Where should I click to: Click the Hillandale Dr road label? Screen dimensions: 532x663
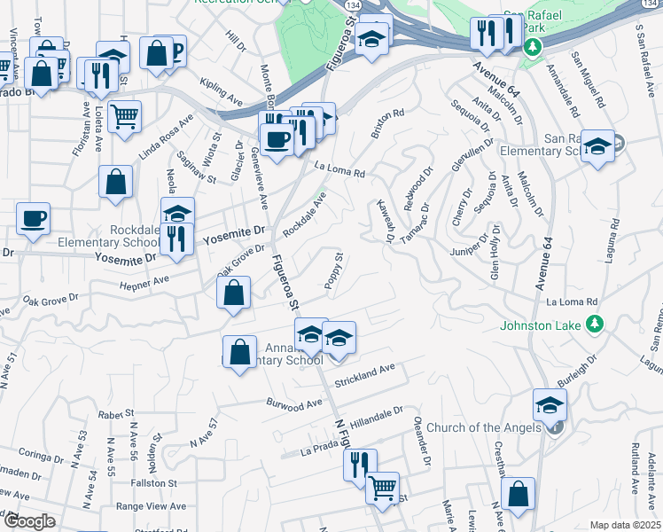(377, 416)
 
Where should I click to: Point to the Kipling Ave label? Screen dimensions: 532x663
(222, 95)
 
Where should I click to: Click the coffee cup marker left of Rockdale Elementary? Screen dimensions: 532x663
(34, 217)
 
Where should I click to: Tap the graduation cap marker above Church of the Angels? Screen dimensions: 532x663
(550, 404)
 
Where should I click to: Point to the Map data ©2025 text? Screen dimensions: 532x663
(624, 525)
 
